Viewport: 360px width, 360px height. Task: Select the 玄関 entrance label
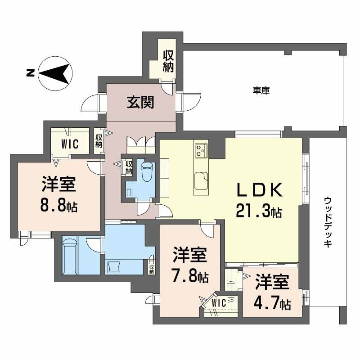[140, 103]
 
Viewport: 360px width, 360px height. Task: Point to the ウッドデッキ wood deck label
[328, 221]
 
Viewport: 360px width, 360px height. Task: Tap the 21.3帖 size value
[259, 211]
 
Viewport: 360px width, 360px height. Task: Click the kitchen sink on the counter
[201, 182]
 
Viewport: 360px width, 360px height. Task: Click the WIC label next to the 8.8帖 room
[70, 144]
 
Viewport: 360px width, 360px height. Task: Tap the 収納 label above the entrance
[168, 61]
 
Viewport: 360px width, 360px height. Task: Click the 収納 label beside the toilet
[129, 167]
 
